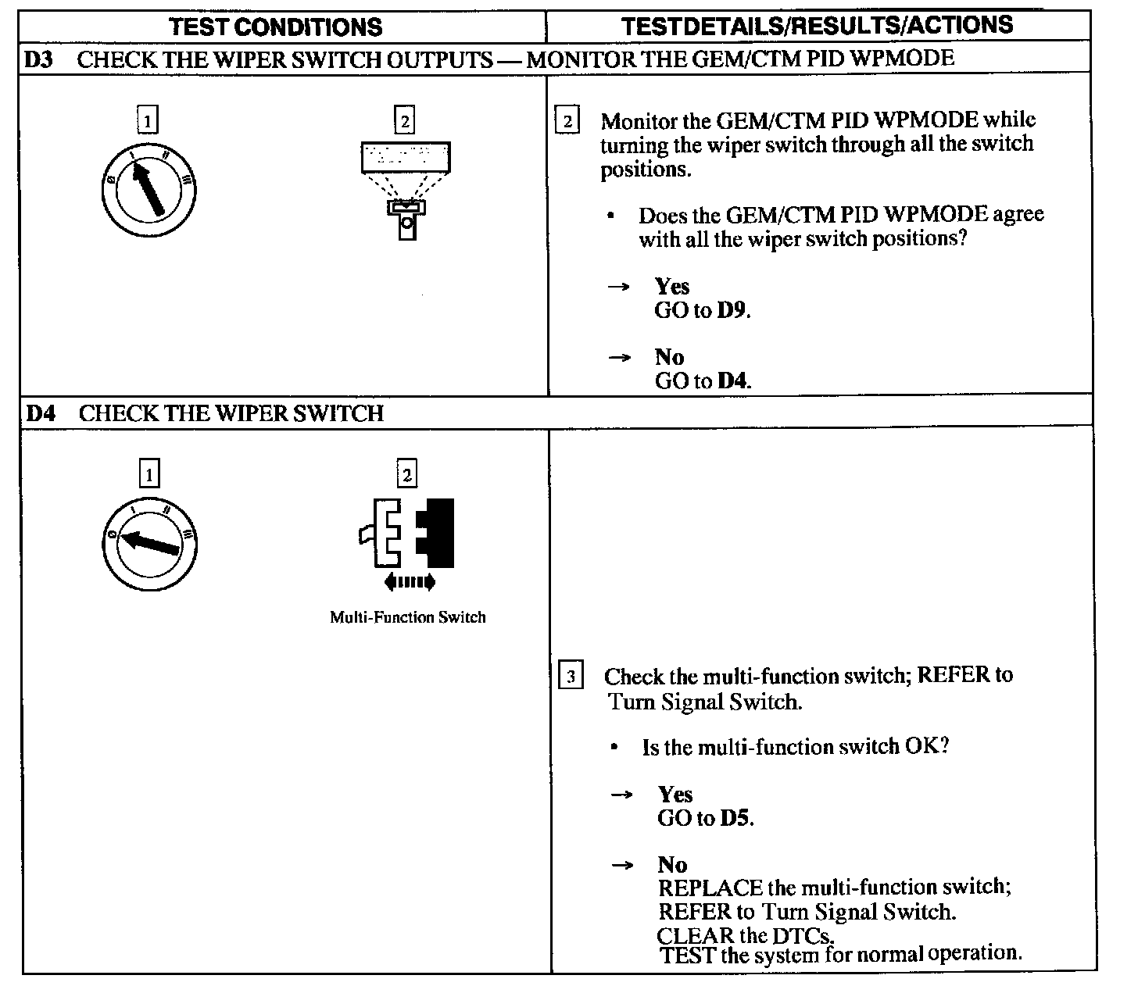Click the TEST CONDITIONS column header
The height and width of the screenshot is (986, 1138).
point(276,27)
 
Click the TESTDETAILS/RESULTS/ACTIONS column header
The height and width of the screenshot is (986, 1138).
point(817,26)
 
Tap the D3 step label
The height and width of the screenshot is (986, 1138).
point(38,59)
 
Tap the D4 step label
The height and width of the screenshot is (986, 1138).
point(41,413)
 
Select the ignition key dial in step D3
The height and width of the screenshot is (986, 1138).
point(149,189)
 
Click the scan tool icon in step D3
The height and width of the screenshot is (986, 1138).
point(406,188)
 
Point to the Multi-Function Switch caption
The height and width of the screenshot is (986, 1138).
point(407,617)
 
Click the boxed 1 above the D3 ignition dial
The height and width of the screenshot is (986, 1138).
point(147,121)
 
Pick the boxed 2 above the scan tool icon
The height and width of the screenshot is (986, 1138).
point(404,121)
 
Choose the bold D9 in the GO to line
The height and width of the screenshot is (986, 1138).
point(732,310)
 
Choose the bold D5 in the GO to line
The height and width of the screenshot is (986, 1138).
point(735,818)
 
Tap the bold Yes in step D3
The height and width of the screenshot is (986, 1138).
point(671,286)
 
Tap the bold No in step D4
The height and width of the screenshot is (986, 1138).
point(672,864)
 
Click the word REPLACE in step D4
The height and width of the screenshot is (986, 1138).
point(710,888)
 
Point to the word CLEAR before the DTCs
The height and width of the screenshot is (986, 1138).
point(696,935)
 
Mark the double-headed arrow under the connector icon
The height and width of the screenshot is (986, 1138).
point(410,581)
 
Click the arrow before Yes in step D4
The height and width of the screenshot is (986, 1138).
point(621,795)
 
